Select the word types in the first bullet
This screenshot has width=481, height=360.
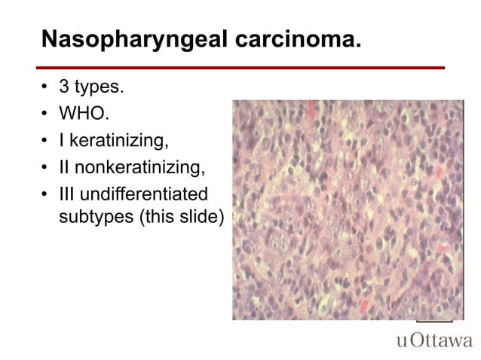[x=99, y=88]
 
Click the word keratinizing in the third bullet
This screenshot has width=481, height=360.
[x=124, y=140]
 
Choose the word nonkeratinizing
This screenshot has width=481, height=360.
[x=139, y=166]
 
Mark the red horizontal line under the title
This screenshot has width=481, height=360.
[x=241, y=67]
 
